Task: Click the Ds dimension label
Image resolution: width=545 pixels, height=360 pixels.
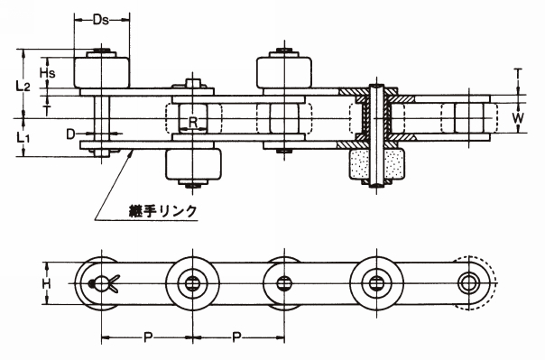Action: [101, 20]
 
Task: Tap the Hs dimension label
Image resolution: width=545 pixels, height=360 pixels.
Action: [47, 73]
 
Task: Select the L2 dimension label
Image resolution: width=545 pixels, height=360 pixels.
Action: [23, 86]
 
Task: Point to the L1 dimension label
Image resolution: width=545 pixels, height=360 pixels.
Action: [23, 138]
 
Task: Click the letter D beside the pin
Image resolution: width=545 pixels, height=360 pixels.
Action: [70, 134]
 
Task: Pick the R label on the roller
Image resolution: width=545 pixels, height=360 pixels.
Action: [192, 123]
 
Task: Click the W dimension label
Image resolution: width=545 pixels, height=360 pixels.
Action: [518, 118]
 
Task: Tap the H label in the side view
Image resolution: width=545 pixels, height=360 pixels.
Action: [46, 284]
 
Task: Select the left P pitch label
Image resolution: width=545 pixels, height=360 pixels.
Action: [148, 337]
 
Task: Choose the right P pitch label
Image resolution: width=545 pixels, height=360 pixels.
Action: [236, 337]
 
